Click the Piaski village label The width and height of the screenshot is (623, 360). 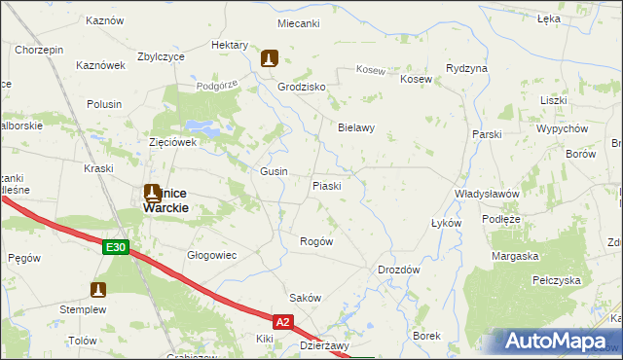pyautogui.click(x=326, y=185)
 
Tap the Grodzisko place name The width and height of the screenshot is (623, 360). pyautogui.click(x=301, y=87)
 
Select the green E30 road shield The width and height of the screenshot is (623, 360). pyautogui.click(x=116, y=248)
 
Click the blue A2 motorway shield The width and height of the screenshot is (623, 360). pyautogui.click(x=282, y=320)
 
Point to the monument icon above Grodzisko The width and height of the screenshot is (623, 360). pyautogui.click(x=270, y=59)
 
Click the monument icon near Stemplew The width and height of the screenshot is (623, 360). pyautogui.click(x=98, y=289)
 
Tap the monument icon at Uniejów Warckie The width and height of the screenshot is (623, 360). pyautogui.click(x=153, y=193)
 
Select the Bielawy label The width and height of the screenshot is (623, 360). pyautogui.click(x=356, y=127)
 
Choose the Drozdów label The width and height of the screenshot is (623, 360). pyautogui.click(x=398, y=270)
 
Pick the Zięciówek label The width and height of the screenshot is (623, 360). pyautogui.click(x=173, y=141)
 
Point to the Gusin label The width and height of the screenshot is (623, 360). pyautogui.click(x=274, y=171)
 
